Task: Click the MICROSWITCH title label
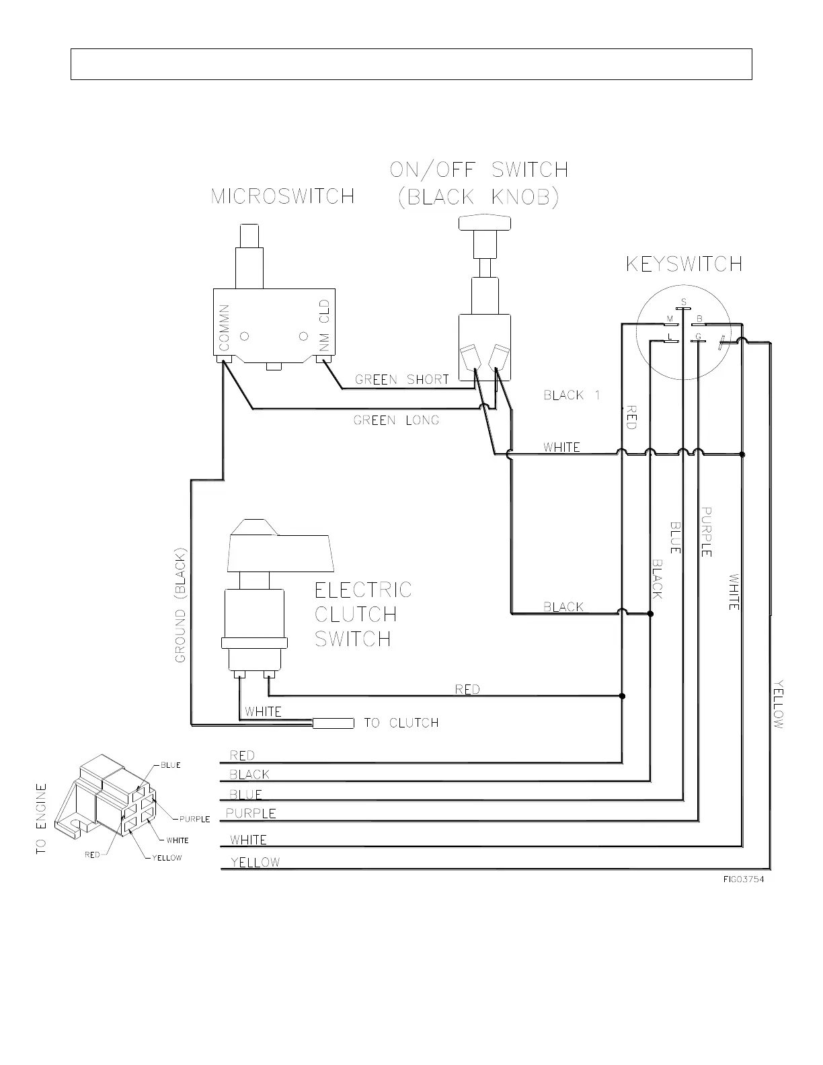coord(282,196)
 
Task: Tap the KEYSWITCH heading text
coord(684,264)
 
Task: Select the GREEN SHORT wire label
coord(401,379)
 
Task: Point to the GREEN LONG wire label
coord(396,420)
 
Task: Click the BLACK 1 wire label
coord(571,395)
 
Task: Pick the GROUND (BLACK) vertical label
coord(180,604)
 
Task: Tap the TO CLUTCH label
coord(401,723)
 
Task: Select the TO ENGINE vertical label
coord(42,819)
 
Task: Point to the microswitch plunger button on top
coord(249,236)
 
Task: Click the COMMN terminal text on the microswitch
coord(225,327)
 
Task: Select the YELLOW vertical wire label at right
coord(779,704)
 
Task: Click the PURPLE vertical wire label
coord(706,531)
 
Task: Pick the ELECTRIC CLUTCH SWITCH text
coord(363,614)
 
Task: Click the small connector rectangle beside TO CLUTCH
coord(334,723)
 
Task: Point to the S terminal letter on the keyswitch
coord(683,301)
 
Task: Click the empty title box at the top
coord(411,64)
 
